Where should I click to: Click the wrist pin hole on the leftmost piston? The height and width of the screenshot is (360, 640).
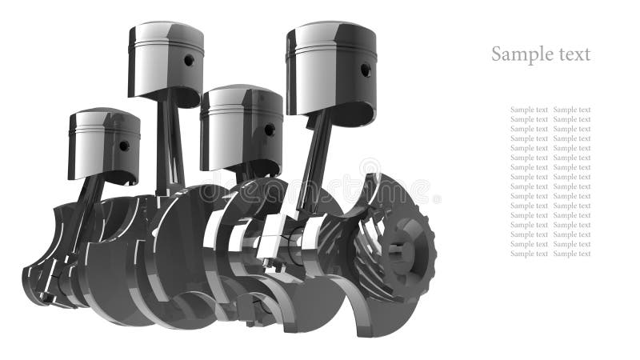[x=124, y=146]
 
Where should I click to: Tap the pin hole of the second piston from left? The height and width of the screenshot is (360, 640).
[x=190, y=59]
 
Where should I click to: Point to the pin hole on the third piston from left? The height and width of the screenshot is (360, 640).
[x=270, y=130]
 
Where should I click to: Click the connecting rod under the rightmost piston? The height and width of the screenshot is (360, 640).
[x=314, y=160]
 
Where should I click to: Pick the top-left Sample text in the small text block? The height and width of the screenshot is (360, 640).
[x=529, y=110]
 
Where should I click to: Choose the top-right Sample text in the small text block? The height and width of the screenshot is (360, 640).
[x=572, y=110]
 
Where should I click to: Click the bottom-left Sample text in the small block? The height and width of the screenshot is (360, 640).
[x=529, y=254]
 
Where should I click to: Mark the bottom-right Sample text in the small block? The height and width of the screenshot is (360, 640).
[x=572, y=254]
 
